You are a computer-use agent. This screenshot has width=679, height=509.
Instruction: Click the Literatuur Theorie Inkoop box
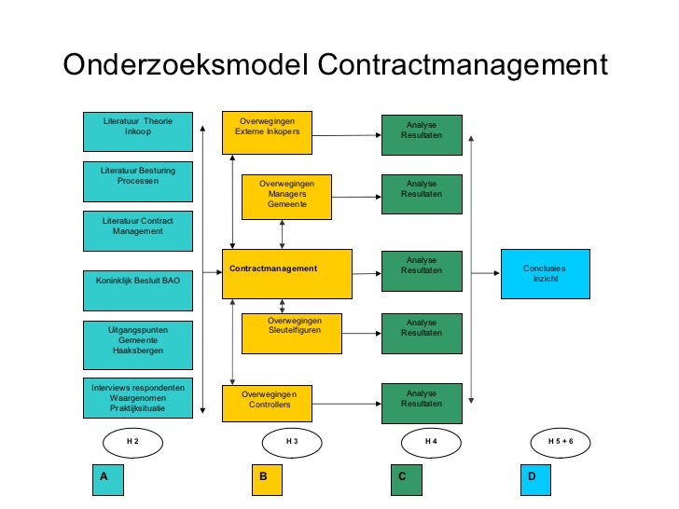pos(137,131)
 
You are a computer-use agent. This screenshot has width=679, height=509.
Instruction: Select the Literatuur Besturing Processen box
pos(137,181)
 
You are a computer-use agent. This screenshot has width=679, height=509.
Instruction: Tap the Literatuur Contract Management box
pos(137,230)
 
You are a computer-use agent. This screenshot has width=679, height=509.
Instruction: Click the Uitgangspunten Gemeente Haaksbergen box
pos(137,345)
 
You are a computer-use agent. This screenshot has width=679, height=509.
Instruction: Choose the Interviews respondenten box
pos(137,398)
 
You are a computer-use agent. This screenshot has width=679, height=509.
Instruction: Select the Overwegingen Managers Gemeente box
pos(286,197)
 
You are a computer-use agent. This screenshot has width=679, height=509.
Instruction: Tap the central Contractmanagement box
pos(286,273)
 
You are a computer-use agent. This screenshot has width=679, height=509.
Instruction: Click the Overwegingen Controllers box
pos(267,404)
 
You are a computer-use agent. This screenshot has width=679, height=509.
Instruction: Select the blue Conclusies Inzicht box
pos(545,273)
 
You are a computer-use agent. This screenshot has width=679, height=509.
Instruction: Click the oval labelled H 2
pos(132,441)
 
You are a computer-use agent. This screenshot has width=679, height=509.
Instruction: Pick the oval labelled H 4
pos(431,441)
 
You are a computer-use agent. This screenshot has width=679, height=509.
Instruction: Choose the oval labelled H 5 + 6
pos(561,441)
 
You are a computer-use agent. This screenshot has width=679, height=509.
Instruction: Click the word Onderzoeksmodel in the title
pos(185,67)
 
